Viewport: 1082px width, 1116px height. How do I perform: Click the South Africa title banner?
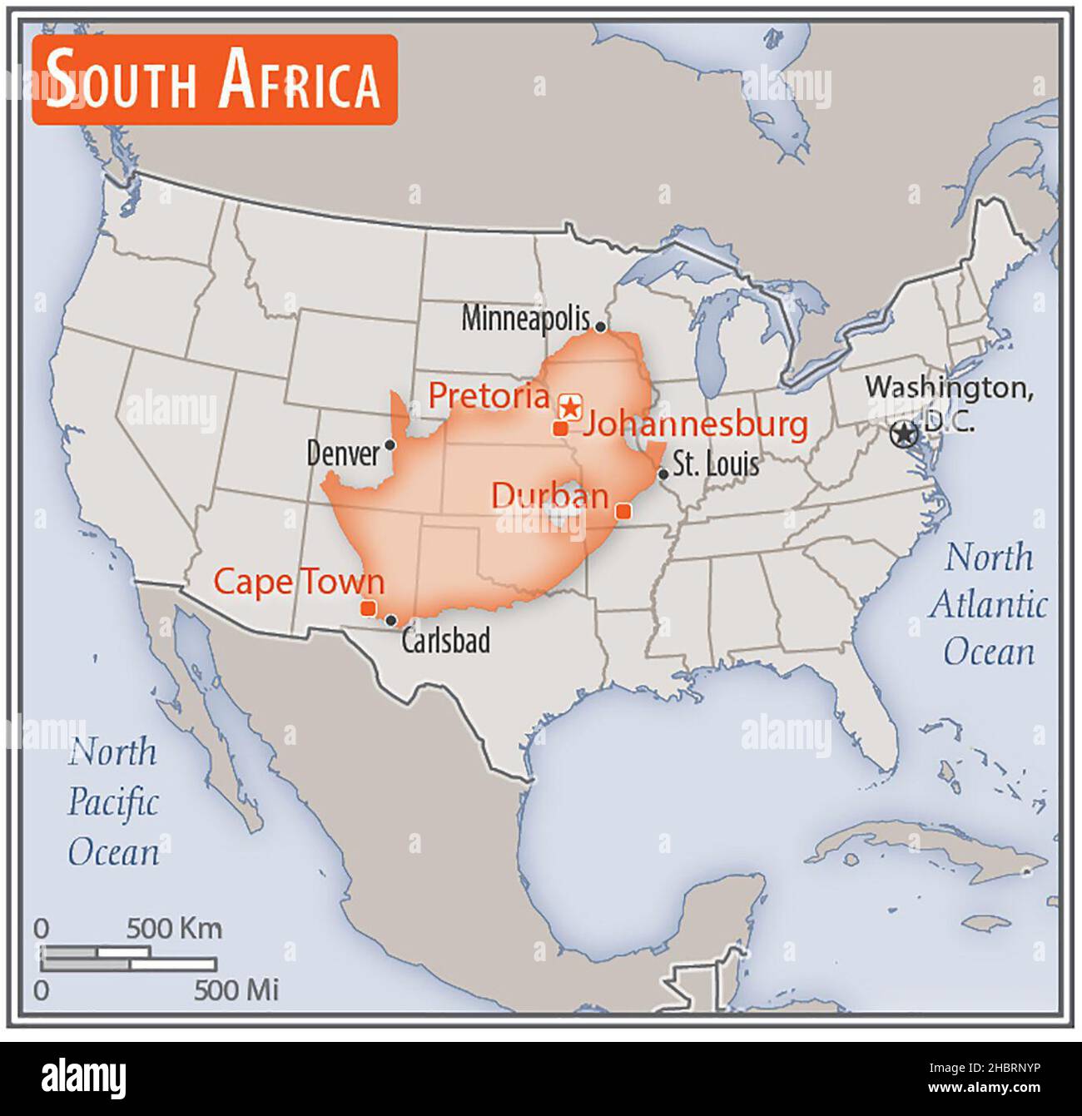[214, 80]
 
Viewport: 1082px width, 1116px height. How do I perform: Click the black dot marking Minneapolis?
[600, 328]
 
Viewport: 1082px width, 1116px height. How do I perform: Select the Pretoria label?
[489, 396]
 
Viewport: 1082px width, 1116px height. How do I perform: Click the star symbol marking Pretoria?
[570, 406]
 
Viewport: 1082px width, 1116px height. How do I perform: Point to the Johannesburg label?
[695, 425]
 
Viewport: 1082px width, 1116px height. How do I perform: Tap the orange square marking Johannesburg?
[560, 428]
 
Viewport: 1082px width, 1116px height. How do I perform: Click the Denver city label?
[342, 454]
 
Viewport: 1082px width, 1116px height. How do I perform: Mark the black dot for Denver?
[389, 444]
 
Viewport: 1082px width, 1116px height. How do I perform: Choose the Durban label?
[549, 495]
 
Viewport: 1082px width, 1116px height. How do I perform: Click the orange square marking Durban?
[621, 510]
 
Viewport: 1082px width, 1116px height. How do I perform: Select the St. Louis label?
[716, 464]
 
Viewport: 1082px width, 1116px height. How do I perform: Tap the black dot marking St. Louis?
[663, 474]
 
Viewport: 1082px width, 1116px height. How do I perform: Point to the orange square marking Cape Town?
[368, 608]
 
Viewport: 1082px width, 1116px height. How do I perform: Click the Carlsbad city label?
[445, 641]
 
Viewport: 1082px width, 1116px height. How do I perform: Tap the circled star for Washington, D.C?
[903, 434]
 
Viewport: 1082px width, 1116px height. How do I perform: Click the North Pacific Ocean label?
[113, 802]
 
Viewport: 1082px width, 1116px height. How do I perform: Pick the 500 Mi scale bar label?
[236, 990]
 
